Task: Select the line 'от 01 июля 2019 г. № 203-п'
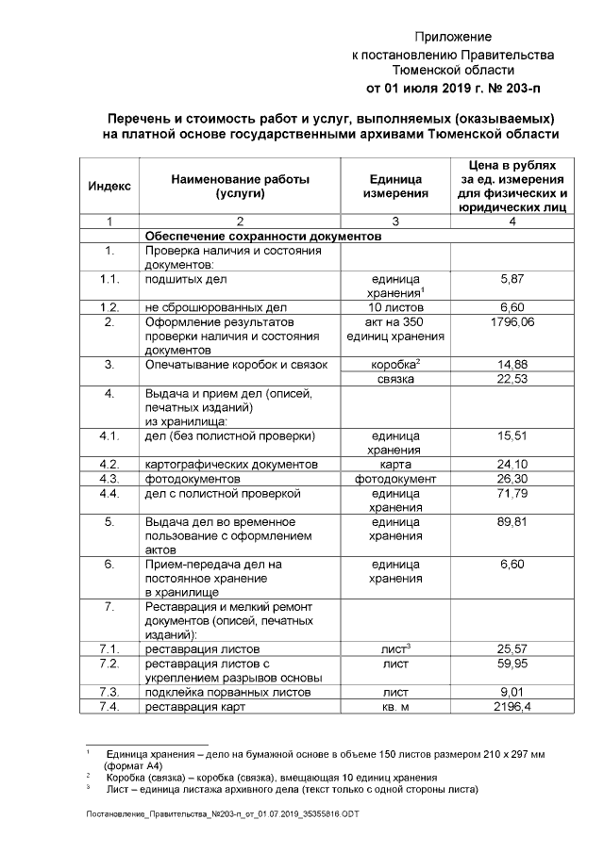coord(453,88)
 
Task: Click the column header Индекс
coord(109,185)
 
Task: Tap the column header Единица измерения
coord(395,185)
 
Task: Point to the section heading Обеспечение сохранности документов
coord(262,237)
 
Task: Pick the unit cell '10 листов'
coord(395,307)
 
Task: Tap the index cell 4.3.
coord(109,479)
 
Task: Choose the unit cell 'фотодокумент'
coord(395,479)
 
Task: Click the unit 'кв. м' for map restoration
coord(395,707)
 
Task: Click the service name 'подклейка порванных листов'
coord(221,693)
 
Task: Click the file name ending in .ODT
coord(223,812)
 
